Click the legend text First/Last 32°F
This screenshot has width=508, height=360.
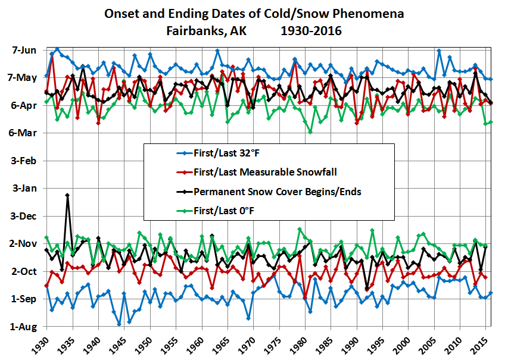click(224, 154)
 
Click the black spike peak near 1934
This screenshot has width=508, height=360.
click(67, 195)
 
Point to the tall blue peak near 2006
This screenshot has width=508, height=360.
click(439, 51)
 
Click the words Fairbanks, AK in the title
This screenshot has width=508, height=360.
click(200, 30)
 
